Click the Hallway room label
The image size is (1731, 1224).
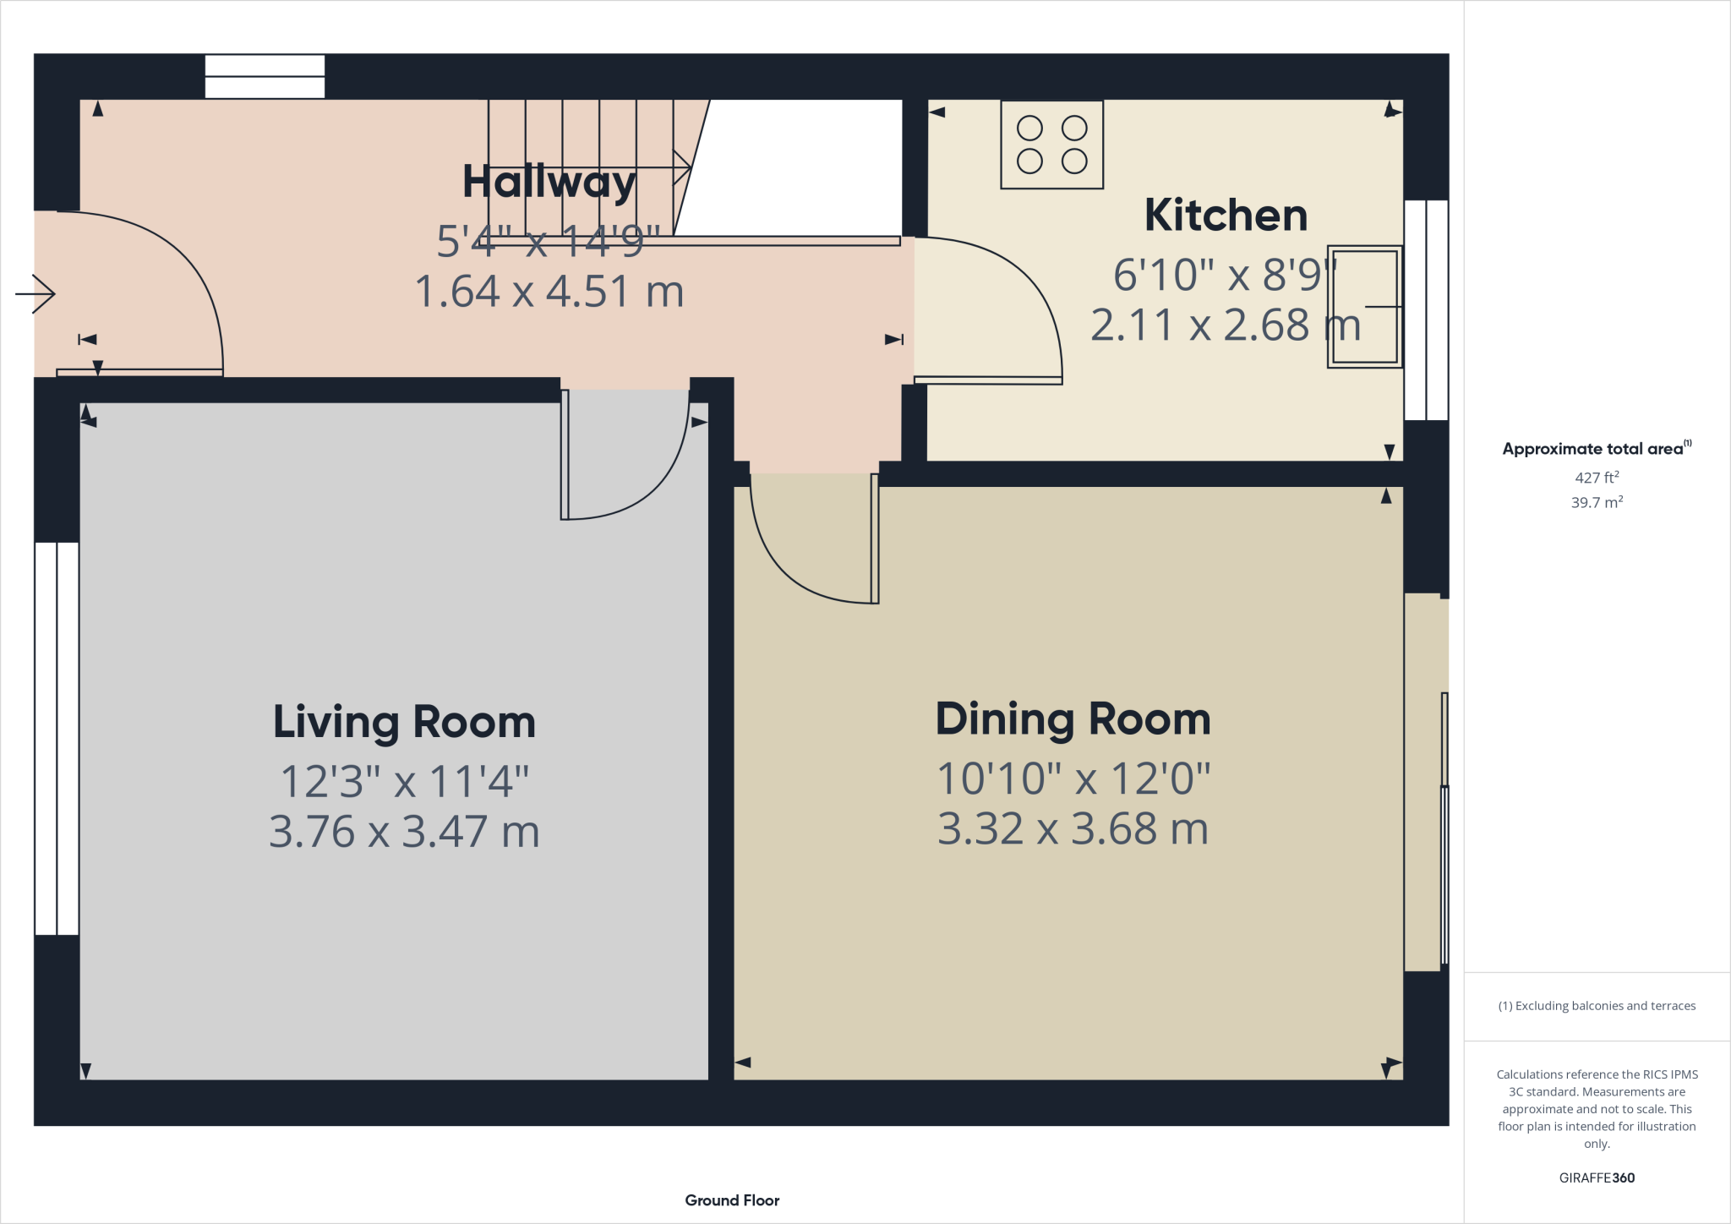click(549, 183)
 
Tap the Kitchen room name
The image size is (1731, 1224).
click(1226, 216)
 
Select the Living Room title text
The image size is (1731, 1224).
click(404, 723)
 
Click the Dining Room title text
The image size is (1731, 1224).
click(1073, 719)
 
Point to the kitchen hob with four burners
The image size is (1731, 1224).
click(1051, 145)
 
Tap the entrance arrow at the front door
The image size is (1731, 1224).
click(35, 294)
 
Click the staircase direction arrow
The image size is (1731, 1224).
click(681, 167)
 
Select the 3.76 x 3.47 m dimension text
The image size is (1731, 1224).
click(404, 832)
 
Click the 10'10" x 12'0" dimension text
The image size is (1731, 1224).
click(1073, 779)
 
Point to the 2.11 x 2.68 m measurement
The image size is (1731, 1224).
click(1225, 325)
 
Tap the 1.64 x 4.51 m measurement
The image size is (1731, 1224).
click(549, 292)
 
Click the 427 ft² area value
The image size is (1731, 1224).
click(1596, 478)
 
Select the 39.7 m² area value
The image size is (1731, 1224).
click(1596, 502)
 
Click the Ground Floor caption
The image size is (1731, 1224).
click(732, 1200)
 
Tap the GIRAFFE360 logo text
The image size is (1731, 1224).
click(1596, 1178)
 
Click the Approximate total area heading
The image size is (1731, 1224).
click(1596, 449)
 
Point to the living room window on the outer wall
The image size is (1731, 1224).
click(57, 738)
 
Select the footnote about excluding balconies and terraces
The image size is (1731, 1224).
click(1596, 1006)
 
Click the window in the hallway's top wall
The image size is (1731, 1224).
click(265, 77)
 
